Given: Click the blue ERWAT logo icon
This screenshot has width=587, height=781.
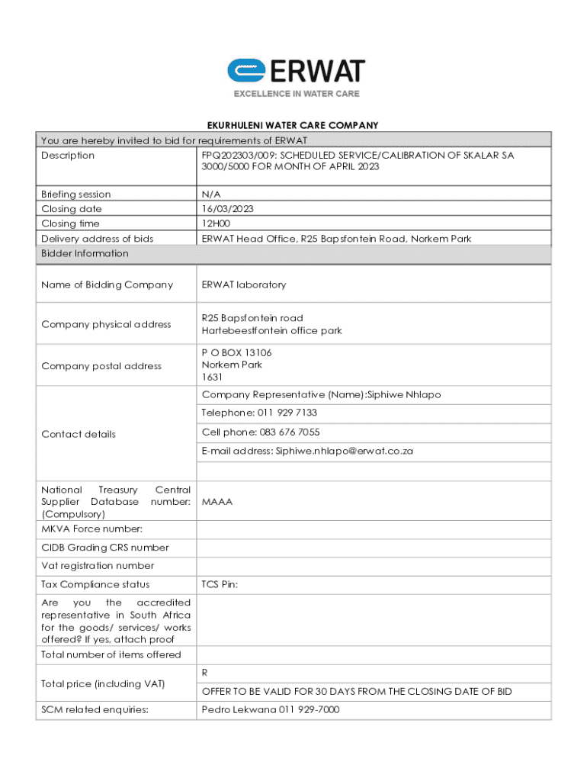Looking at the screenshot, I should [x=245, y=71].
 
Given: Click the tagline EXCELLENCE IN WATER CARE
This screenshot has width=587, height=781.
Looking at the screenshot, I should [x=296, y=94].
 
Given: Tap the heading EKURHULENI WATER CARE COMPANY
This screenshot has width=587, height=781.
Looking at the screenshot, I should [x=293, y=125].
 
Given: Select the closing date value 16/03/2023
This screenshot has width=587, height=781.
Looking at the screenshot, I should [x=228, y=208].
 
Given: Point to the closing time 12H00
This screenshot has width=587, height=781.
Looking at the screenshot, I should [x=216, y=223].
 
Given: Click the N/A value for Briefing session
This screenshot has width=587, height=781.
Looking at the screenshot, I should [x=211, y=194].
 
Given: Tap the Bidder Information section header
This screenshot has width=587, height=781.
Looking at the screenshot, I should [x=85, y=253].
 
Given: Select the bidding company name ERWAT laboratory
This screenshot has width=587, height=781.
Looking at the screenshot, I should [x=244, y=284].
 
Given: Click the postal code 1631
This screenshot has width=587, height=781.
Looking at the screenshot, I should [x=212, y=377].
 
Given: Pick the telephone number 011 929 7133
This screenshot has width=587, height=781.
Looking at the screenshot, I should [x=282, y=413].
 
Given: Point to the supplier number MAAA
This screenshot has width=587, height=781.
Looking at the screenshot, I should [x=217, y=502].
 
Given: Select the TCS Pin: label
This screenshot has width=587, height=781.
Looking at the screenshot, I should [x=220, y=584].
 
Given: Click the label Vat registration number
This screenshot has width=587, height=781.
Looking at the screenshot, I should [x=98, y=566].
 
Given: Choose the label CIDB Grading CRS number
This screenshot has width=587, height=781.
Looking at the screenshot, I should [x=105, y=548].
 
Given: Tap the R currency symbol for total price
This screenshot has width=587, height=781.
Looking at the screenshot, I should [x=205, y=673].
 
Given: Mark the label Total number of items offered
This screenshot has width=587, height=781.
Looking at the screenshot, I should [x=111, y=654].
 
